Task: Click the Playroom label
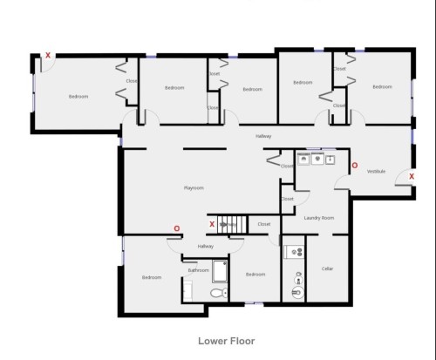[x=193, y=187]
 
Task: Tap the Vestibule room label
[x=376, y=171]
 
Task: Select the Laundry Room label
[x=319, y=217]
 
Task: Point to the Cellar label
[x=328, y=268]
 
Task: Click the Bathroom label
[x=197, y=270]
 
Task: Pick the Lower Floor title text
[x=226, y=341]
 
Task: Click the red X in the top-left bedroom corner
[x=48, y=56]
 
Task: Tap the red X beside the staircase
[x=213, y=224]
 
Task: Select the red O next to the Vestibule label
[x=353, y=164]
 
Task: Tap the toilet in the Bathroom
[x=217, y=294]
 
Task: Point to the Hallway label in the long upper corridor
[x=262, y=137]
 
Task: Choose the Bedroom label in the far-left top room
[x=78, y=96]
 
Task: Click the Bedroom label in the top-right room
[x=381, y=86]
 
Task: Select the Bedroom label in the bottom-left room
[x=152, y=277]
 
